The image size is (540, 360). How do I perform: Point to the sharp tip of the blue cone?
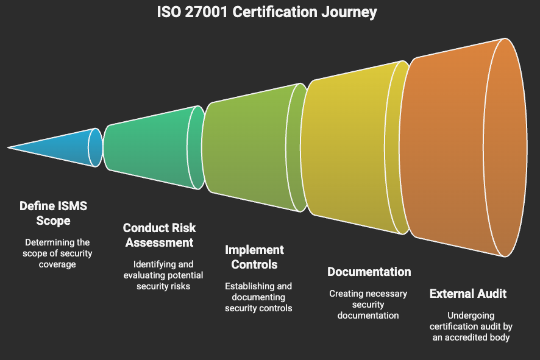click(x=7, y=147)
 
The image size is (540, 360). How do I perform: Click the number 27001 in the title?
click(x=206, y=12)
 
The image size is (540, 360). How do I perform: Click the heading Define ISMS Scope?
click(x=54, y=213)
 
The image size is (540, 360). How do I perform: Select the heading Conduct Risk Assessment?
click(x=159, y=235)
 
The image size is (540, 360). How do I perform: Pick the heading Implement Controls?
click(x=255, y=257)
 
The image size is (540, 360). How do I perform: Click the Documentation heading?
click(x=369, y=272)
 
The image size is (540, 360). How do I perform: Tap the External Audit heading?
click(x=468, y=294)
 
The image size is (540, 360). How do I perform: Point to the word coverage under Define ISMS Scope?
click(x=57, y=264)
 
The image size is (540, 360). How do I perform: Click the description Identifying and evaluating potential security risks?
click(x=163, y=275)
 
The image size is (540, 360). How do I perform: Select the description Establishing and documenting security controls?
click(x=258, y=297)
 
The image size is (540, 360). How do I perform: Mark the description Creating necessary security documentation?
click(x=368, y=304)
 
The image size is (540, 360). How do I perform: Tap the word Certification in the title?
click(x=274, y=12)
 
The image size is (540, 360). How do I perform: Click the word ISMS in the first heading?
click(x=73, y=206)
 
